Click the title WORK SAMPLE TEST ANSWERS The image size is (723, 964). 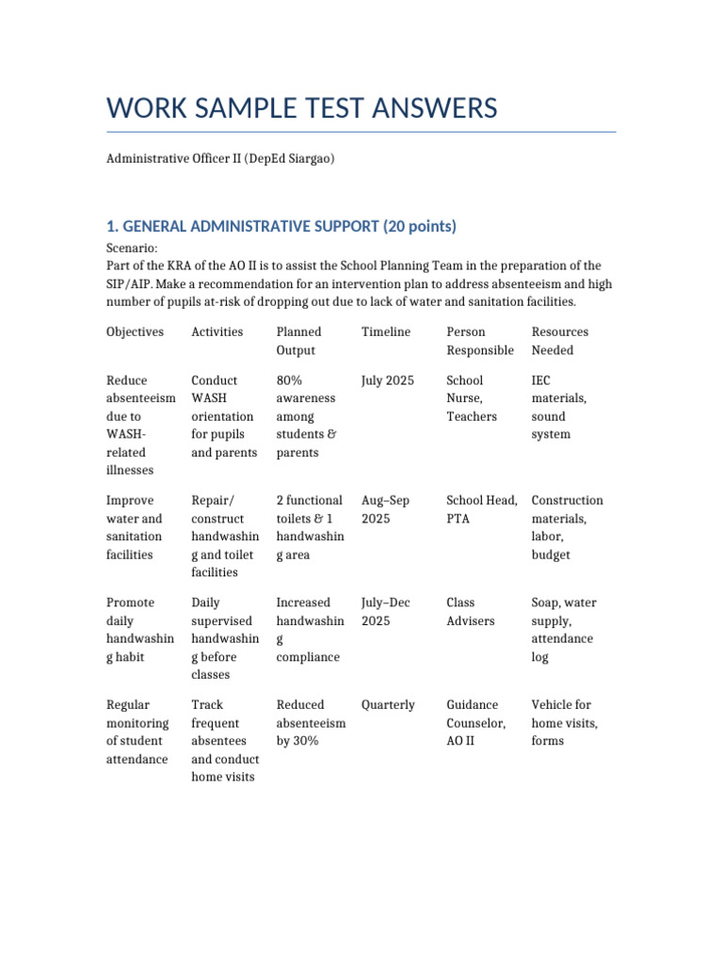301,109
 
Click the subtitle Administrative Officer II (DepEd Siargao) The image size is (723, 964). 220,159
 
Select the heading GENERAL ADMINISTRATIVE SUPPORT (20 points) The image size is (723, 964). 281,226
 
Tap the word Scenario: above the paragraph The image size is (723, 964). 133,248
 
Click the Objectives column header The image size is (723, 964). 135,331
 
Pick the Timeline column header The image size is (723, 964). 386,331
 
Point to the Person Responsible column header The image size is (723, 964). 480,341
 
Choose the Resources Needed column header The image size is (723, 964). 560,341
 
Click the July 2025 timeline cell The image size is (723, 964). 388,380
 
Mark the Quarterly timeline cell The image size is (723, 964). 388,705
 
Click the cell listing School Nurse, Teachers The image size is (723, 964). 472,398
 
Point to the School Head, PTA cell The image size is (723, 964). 482,509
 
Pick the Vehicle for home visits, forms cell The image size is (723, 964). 564,723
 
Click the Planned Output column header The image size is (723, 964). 298,341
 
